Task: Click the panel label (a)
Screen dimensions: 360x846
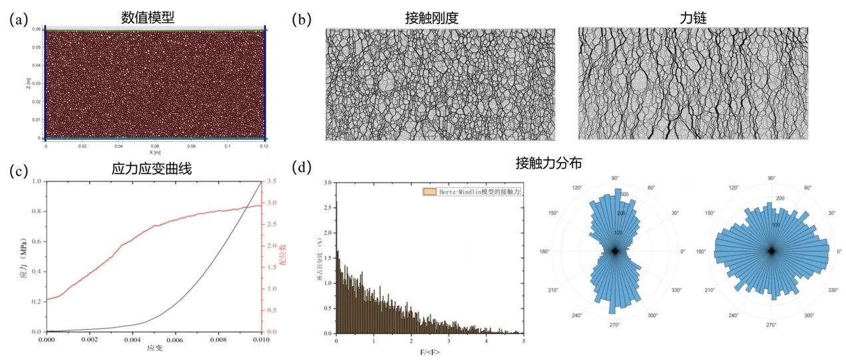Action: click(x=18, y=19)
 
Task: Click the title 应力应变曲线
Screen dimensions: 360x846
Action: click(x=152, y=170)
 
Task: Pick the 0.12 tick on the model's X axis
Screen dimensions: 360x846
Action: click(x=264, y=145)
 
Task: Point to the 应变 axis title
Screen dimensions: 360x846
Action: click(x=154, y=348)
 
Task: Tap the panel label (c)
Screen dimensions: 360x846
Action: click(x=18, y=170)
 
